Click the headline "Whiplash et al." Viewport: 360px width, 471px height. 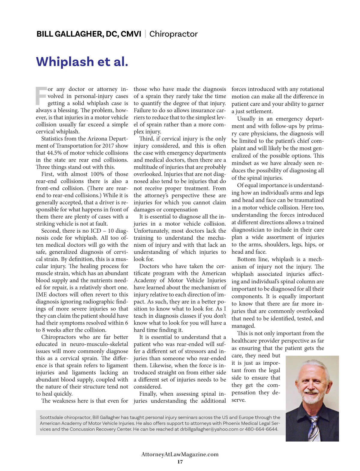(82, 62)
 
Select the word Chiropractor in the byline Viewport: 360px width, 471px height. (173, 34)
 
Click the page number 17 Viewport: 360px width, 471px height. (180, 462)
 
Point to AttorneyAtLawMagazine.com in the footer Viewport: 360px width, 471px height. (180, 454)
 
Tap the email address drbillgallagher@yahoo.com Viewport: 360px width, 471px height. (209, 429)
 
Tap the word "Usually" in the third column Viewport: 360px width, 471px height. (246, 119)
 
